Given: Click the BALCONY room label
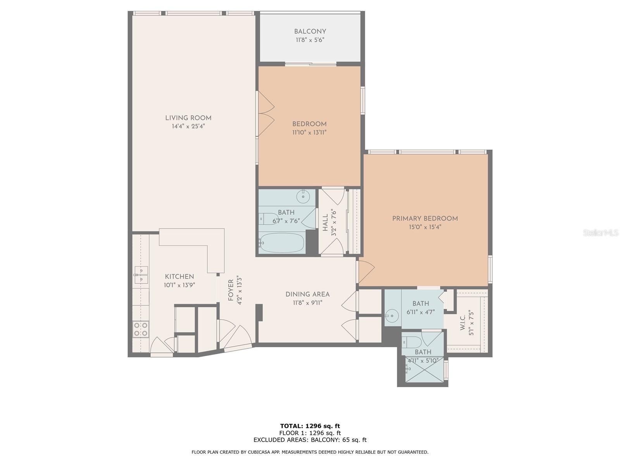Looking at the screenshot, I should (x=310, y=31).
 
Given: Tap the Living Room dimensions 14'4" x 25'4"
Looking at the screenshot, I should (x=188, y=126).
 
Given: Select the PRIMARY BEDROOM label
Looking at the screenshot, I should (x=425, y=219).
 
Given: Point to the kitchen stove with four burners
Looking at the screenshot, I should (x=141, y=329).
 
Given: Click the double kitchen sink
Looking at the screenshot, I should (x=141, y=274).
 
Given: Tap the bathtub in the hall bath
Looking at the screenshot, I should (x=282, y=243).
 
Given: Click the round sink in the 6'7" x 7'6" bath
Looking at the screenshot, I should (x=303, y=197).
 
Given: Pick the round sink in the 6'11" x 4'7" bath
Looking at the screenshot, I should (x=392, y=316).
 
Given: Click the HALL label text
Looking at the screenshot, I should (x=325, y=223).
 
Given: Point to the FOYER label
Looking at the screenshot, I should (x=231, y=290).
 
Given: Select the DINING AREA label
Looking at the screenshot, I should (x=307, y=294).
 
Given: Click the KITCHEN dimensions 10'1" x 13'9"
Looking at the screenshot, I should (x=179, y=285).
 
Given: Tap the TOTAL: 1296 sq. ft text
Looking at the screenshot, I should (x=310, y=426).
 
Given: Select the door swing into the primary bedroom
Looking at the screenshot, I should (x=366, y=271).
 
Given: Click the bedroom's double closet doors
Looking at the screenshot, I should (x=266, y=114).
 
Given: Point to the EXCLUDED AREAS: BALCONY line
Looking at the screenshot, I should (x=310, y=440).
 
